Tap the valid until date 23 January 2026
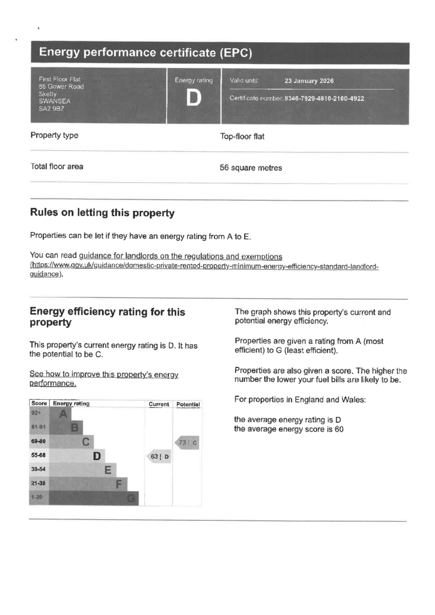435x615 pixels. pyautogui.click(x=309, y=81)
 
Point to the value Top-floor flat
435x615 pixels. pyautogui.click(x=242, y=136)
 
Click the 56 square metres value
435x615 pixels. pyautogui.click(x=251, y=168)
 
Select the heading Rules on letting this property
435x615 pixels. pyautogui.click(x=102, y=213)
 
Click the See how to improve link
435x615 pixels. pyautogui.click(x=104, y=378)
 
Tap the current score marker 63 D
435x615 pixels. pyautogui.click(x=159, y=457)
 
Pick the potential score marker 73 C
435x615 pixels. pyautogui.click(x=187, y=443)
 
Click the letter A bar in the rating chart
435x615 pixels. pyautogui.click(x=62, y=413)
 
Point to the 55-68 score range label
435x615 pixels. pyautogui.click(x=38, y=455)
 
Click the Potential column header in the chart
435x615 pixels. pyautogui.click(x=187, y=404)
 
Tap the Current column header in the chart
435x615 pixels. pyautogui.click(x=159, y=404)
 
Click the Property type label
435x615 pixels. pyautogui.click(x=54, y=136)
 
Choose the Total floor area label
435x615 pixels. pyautogui.click(x=56, y=167)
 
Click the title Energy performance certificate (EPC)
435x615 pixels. pyautogui.click(x=145, y=53)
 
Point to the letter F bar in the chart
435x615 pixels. pyautogui.click(x=120, y=483)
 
